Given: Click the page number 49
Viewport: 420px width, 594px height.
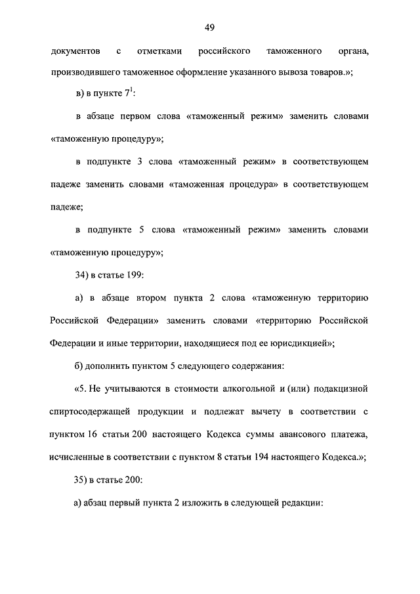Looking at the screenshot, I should point(210,27).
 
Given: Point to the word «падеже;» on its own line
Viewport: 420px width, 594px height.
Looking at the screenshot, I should point(66,207).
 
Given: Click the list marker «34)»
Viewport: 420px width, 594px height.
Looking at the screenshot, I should point(83,274).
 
